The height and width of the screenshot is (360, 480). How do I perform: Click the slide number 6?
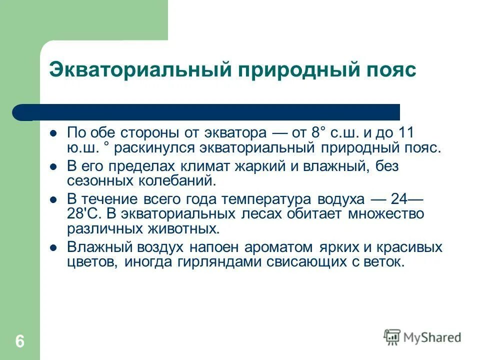point(19,342)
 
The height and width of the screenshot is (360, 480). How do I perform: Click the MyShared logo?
point(422,337)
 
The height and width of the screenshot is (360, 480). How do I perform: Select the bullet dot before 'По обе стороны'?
point(53,133)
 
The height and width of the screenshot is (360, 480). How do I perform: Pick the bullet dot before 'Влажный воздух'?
point(53,247)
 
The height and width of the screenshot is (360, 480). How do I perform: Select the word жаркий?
point(262,166)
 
